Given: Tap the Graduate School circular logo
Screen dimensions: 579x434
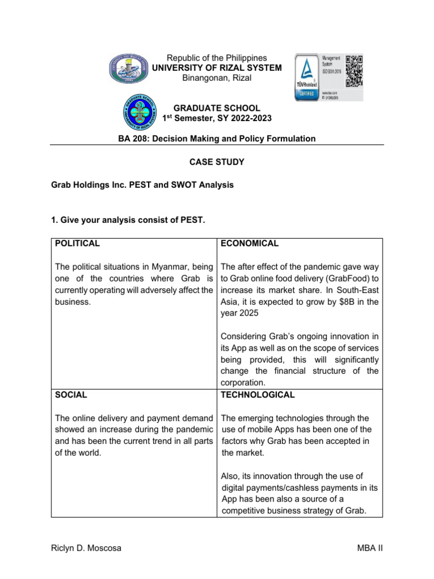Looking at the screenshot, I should click(x=142, y=113).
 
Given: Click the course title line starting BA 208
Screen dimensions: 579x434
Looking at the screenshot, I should click(x=217, y=139).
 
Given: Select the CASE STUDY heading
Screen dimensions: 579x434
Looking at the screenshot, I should click(x=217, y=162).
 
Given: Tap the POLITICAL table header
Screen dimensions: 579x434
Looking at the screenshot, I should click(x=77, y=243).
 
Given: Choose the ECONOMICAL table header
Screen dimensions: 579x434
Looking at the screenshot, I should click(x=250, y=243).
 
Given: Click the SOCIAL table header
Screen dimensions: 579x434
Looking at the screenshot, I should click(x=71, y=395).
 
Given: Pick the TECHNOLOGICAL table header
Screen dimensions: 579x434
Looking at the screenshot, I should click(x=258, y=395).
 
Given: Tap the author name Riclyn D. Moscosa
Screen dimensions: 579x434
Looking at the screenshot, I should click(x=86, y=548).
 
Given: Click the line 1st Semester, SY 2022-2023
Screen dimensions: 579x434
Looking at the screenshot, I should click(x=217, y=118).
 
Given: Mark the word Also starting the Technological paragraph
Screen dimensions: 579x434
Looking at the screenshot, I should click(x=231, y=476).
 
